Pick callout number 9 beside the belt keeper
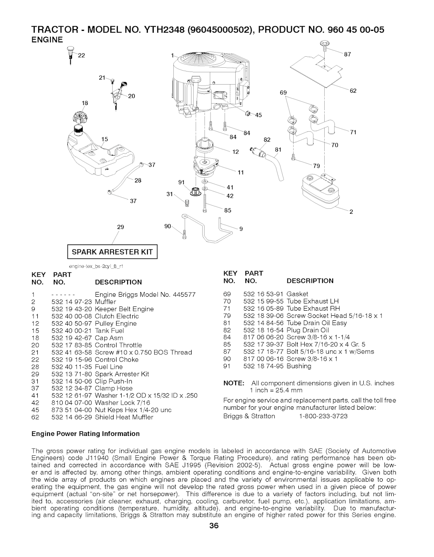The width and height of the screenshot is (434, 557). [241, 229]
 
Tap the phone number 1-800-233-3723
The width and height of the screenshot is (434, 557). [323, 416]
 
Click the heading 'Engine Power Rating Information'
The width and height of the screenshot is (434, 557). [86, 433]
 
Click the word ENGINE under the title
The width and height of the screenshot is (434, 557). [47, 40]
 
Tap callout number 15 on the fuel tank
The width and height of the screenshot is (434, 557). [105, 138]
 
